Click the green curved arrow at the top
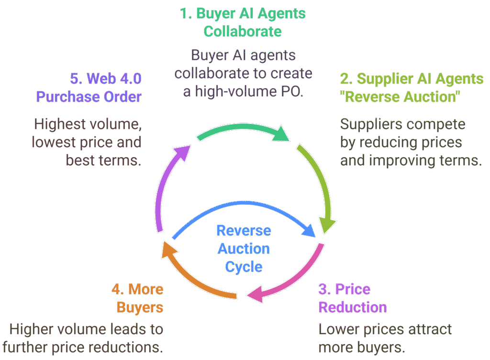pyautogui.click(x=242, y=128)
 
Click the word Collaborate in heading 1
pyautogui.click(x=243, y=32)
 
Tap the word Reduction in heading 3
pyautogui.click(x=353, y=307)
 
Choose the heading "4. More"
pyautogui.click(x=137, y=289)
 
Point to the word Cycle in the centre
pyautogui.click(x=244, y=267)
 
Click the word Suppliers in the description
pyautogui.click(x=370, y=124)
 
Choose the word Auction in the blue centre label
pyautogui.click(x=244, y=248)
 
